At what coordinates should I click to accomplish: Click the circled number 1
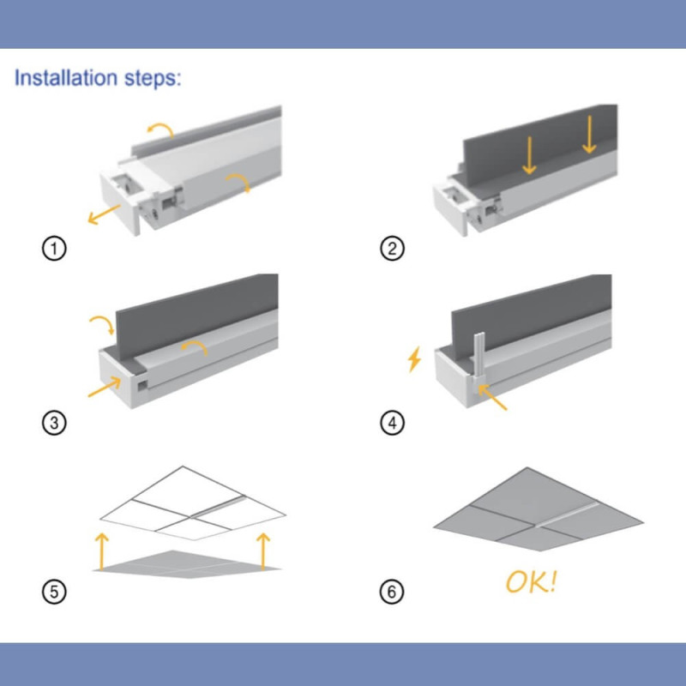pyautogui.click(x=54, y=249)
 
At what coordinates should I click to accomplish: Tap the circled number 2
pyautogui.click(x=392, y=249)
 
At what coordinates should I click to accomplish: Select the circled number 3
pyautogui.click(x=54, y=423)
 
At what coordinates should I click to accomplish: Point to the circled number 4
pyautogui.click(x=392, y=423)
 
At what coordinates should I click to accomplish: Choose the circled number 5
pyautogui.click(x=54, y=592)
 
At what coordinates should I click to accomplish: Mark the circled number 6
pyautogui.click(x=392, y=592)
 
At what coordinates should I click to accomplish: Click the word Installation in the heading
pyautogui.click(x=66, y=77)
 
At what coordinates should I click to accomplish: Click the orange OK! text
pyautogui.click(x=531, y=582)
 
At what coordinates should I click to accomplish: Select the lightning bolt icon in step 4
pyautogui.click(x=414, y=359)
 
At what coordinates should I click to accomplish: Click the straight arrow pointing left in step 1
pyautogui.click(x=104, y=214)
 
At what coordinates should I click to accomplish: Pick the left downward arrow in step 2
pyautogui.click(x=529, y=155)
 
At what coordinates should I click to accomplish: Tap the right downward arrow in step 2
pyautogui.click(x=589, y=135)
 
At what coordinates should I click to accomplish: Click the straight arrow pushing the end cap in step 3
pyautogui.click(x=104, y=387)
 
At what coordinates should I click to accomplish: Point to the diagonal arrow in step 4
pyautogui.click(x=492, y=397)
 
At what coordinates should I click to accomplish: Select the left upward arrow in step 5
pyautogui.click(x=101, y=551)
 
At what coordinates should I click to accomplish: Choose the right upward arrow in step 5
pyautogui.click(x=263, y=551)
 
